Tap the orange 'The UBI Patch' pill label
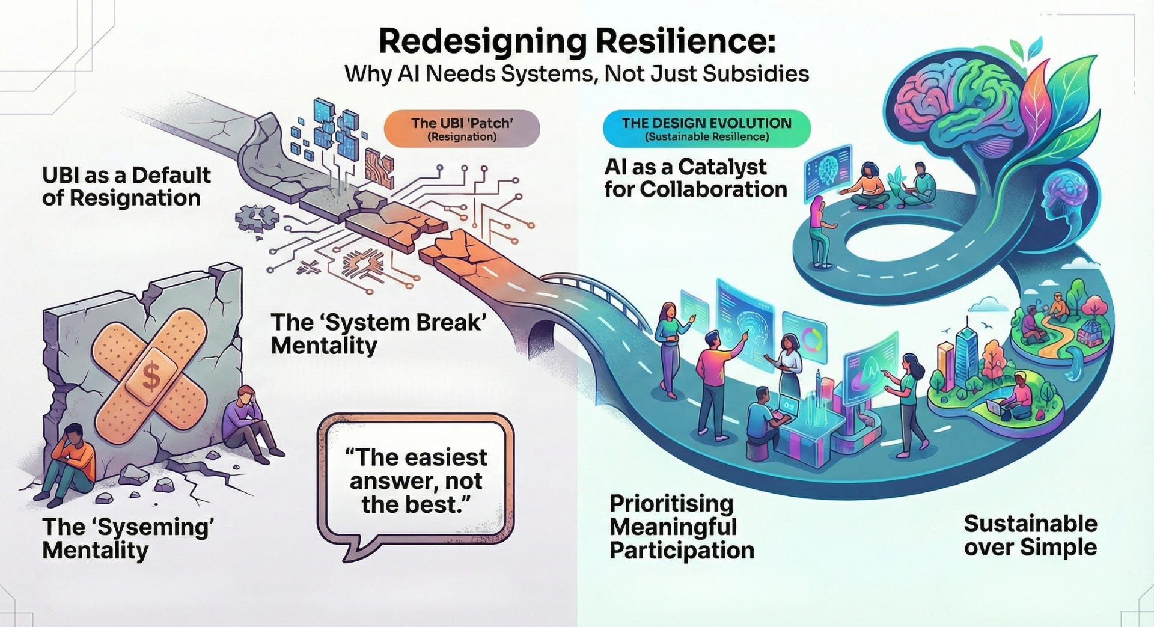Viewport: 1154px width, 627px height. (462, 129)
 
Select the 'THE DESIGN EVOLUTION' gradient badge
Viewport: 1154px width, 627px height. (706, 129)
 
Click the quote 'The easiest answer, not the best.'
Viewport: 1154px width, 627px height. (418, 481)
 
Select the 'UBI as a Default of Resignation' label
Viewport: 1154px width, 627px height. (126, 186)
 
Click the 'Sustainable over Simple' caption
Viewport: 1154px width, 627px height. (1030, 536)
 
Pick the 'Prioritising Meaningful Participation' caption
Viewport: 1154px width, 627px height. (682, 527)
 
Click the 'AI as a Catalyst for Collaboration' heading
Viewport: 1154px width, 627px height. (695, 177)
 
